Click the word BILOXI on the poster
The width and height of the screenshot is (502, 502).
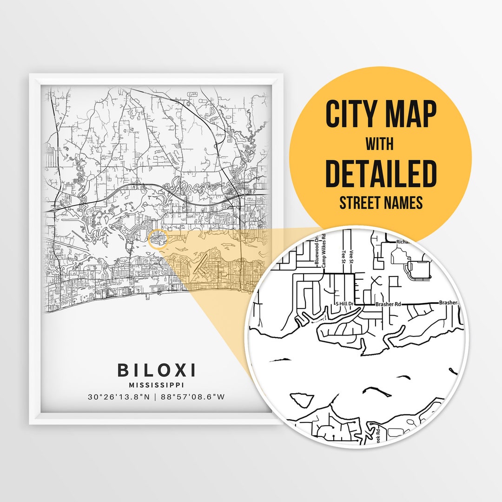156,370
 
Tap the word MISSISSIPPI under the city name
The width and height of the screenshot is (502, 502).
156,385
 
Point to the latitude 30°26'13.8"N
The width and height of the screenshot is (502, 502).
119,397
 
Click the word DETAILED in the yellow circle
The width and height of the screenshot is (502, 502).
381,173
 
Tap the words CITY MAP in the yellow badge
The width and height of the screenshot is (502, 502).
381,114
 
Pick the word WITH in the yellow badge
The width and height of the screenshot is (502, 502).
381,144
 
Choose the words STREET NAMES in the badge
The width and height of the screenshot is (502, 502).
381,203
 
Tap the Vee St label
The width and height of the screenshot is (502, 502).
353,257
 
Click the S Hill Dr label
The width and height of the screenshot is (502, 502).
345,304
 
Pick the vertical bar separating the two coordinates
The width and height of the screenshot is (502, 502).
156,397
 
